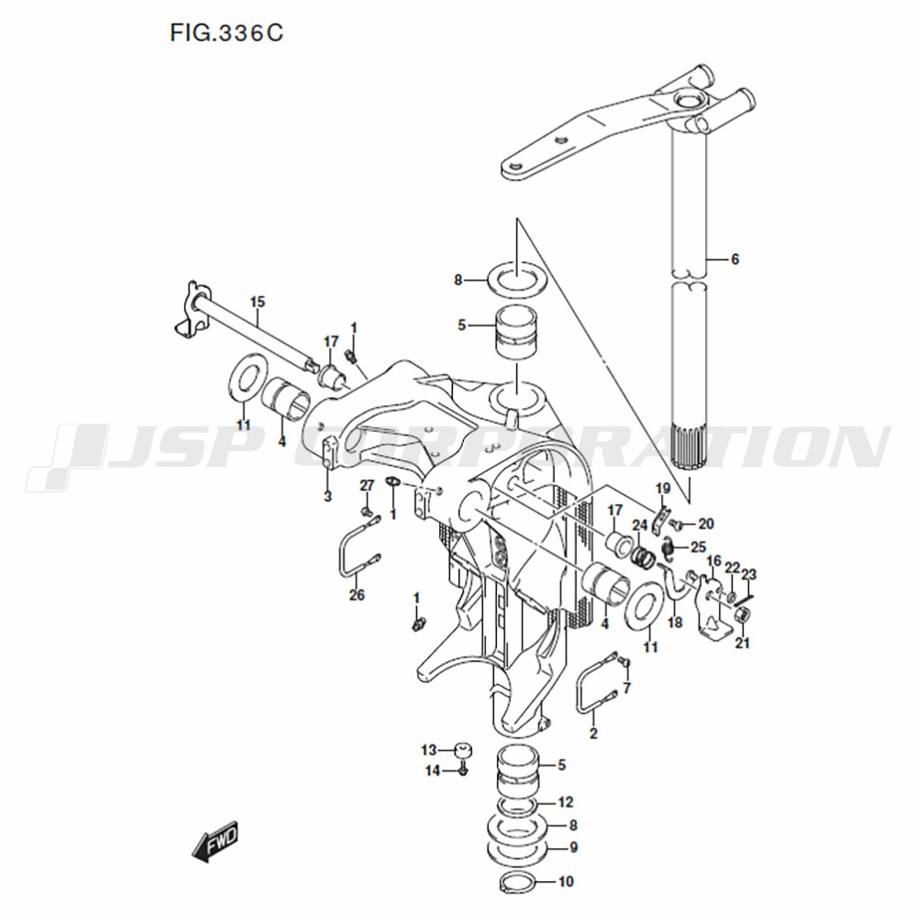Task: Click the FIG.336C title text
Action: pos(226,33)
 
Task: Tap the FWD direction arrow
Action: pos(215,841)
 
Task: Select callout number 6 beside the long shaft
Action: pos(735,259)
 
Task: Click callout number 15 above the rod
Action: pos(258,302)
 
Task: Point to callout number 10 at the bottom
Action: pos(566,880)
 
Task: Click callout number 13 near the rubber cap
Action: pos(428,749)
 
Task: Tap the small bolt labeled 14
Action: pos(462,768)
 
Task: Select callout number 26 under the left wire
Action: pos(357,595)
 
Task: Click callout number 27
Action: pos(367,485)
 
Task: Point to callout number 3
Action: pos(327,496)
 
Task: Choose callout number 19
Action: pos(663,488)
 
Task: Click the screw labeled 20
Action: pos(677,523)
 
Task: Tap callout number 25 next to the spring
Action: pos(699,547)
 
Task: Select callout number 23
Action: pos(748,574)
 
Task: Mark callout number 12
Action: pos(565,801)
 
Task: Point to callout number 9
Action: pos(573,846)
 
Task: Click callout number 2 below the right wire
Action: pos(593,733)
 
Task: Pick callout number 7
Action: pos(627,689)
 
